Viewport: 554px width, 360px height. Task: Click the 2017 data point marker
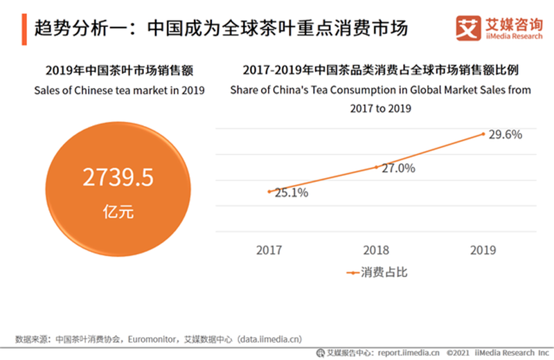pyautogui.click(x=269, y=191)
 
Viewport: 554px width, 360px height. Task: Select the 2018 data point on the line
pyautogui.click(x=376, y=167)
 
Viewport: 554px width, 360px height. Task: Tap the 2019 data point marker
pyautogui.click(x=483, y=133)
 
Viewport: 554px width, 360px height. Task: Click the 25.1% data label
pyautogui.click(x=292, y=193)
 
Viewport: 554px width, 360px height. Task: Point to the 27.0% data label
pyautogui.click(x=398, y=168)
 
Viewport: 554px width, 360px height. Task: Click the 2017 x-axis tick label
pyautogui.click(x=269, y=250)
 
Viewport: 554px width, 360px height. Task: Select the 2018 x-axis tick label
pyautogui.click(x=376, y=250)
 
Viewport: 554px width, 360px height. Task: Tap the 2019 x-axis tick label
pyautogui.click(x=483, y=250)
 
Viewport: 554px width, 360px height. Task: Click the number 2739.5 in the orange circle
pyautogui.click(x=118, y=179)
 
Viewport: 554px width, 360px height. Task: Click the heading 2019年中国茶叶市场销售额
pyautogui.click(x=118, y=70)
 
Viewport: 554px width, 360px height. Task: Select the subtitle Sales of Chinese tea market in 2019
pyautogui.click(x=118, y=89)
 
